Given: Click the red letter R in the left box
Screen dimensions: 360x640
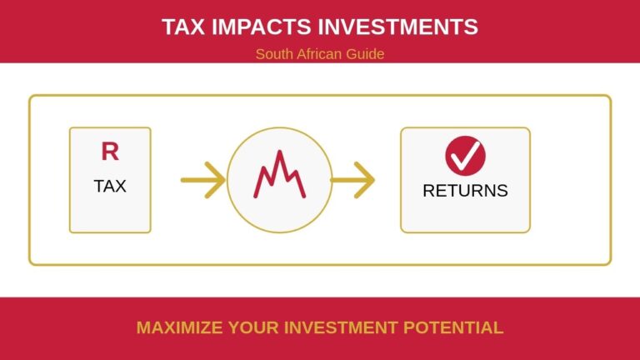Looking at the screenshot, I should pyautogui.click(x=110, y=152).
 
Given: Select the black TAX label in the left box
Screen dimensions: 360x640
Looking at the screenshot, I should pyautogui.click(x=110, y=186).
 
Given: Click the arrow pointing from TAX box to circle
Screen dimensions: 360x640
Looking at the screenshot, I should pyautogui.click(x=202, y=179).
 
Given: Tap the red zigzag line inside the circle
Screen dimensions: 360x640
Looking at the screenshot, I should pyautogui.click(x=278, y=176).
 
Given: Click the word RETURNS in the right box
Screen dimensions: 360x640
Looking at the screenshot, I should pyautogui.click(x=465, y=190).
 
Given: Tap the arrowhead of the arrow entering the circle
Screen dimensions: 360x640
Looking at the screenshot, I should pyautogui.click(x=217, y=179).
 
